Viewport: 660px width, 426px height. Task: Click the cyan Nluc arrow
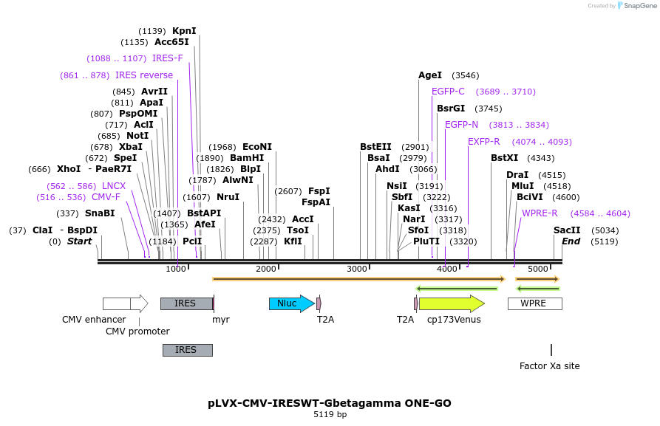(290, 303)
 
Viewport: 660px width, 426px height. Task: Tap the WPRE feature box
(534, 303)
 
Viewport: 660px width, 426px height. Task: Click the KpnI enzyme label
(184, 31)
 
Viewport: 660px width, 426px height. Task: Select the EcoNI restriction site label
(257, 147)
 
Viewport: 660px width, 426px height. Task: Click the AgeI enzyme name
(429, 75)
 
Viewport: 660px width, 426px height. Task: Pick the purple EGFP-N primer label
(461, 125)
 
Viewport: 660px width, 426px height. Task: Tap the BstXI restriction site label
(505, 158)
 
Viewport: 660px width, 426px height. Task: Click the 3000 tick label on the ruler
(357, 269)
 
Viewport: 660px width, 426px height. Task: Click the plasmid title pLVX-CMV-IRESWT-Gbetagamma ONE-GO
(330, 403)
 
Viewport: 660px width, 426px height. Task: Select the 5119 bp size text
(330, 415)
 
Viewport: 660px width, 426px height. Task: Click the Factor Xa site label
(549, 365)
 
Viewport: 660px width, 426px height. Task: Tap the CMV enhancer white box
(117, 303)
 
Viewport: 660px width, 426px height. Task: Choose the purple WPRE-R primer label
(540, 213)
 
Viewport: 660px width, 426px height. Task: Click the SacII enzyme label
(567, 230)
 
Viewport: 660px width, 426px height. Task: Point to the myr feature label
(221, 320)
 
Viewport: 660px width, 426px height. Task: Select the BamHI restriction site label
(247, 158)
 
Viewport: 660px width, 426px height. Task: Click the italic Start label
(79, 241)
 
